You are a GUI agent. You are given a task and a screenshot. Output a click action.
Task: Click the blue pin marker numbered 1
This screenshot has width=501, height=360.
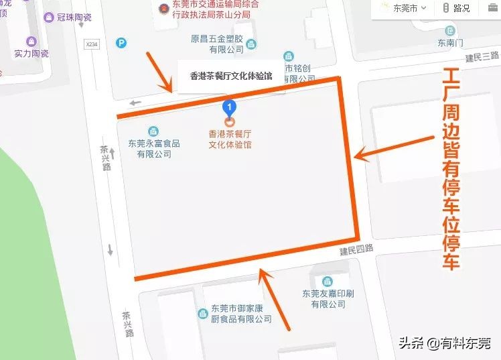230,107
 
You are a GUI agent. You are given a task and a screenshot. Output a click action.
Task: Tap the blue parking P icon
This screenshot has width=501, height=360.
121,44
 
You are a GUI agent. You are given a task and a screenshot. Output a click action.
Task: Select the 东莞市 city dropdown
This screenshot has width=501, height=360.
407,9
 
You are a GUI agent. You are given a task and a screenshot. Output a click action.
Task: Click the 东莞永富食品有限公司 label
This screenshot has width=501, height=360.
154,148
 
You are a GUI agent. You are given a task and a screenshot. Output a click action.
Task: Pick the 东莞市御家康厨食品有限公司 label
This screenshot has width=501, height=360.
241,314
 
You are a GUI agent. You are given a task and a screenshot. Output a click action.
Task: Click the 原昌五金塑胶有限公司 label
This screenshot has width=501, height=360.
217,44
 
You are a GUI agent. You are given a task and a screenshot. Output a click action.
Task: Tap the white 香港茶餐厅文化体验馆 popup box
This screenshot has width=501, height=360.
231,76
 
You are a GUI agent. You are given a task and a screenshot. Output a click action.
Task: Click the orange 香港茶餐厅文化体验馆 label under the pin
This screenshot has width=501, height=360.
230,139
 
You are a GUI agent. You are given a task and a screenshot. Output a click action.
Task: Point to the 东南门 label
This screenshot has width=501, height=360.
450,43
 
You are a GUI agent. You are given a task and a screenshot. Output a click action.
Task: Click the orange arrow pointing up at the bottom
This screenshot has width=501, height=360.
275,299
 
